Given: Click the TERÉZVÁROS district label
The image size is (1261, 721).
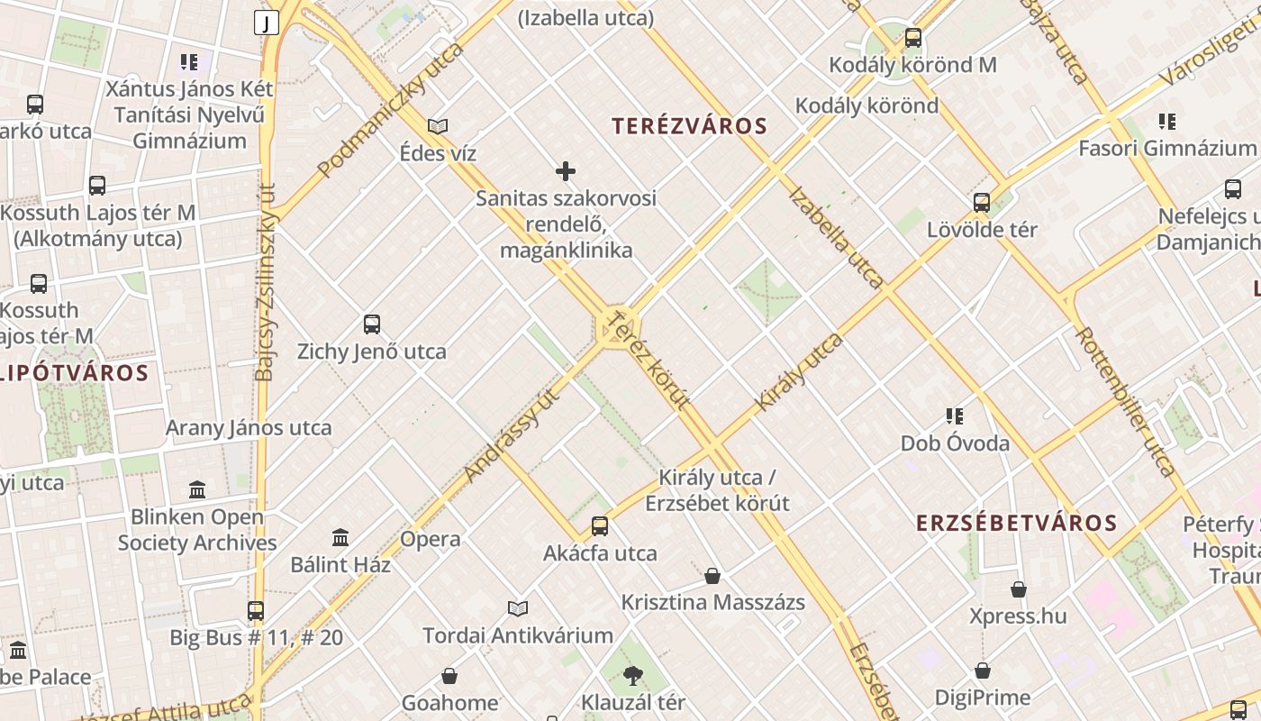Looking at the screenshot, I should [x=689, y=126].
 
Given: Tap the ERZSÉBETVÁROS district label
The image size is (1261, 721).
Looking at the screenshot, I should [x=1016, y=523].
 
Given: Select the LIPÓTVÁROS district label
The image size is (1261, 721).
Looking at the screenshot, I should [x=74, y=372].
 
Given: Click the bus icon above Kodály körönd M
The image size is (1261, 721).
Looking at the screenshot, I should [x=913, y=38].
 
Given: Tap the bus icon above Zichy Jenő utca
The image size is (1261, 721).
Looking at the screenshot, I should [x=372, y=324].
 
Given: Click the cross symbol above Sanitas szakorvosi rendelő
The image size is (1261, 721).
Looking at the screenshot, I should [x=566, y=171].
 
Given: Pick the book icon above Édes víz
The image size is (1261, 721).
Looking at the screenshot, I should [x=438, y=126].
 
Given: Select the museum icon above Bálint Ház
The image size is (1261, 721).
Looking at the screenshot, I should [x=340, y=538].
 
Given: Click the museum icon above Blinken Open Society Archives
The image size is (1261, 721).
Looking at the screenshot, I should [x=197, y=490].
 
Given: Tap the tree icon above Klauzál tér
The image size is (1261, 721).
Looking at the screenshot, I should [x=633, y=675].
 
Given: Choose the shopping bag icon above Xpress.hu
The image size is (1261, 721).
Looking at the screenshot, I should [x=1019, y=589].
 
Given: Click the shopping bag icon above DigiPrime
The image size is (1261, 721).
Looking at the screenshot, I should [x=983, y=671].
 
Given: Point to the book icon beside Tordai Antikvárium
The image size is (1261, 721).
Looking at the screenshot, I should [x=518, y=608].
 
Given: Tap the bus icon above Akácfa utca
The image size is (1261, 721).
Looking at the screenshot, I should [x=600, y=526].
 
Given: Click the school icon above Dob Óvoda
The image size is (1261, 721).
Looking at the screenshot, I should [x=955, y=416].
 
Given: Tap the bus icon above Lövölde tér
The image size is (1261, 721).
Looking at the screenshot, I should [x=982, y=203].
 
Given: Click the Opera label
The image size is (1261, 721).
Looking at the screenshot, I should [x=431, y=539].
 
